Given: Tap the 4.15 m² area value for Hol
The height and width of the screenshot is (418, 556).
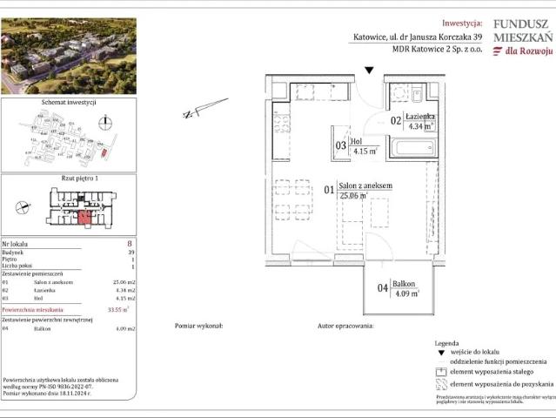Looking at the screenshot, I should coord(364,151).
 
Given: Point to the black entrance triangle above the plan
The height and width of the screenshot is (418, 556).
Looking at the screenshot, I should coord(370,70).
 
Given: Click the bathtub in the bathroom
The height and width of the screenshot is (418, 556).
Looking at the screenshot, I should coord(412,147).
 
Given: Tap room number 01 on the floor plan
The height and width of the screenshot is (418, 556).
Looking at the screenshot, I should coord(329,187).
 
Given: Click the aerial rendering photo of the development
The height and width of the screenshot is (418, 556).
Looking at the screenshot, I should coord(69,56).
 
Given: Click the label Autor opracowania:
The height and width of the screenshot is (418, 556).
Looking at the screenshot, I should coord(345,325).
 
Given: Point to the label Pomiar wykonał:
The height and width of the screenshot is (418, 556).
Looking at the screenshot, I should coord(199,325).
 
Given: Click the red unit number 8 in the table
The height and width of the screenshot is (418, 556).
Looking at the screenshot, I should coord(129,245).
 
